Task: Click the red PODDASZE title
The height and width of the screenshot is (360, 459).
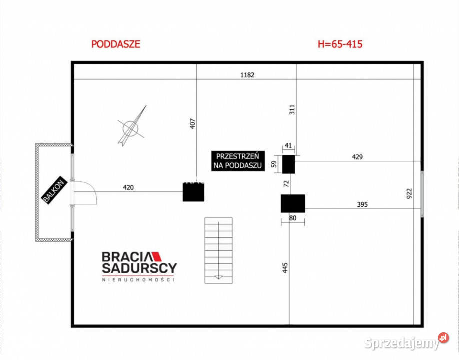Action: tap(116, 44)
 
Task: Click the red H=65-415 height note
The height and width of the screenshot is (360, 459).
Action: tap(340, 44)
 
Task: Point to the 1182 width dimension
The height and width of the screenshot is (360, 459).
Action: tap(247, 75)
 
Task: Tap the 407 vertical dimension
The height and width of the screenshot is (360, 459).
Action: tap(192, 124)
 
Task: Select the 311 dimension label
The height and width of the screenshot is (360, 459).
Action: tap(292, 110)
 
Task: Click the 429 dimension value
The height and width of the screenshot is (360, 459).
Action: tap(357, 157)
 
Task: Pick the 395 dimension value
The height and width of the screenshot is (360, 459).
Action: tap(362, 204)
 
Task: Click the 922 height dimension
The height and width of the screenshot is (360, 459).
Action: tap(409, 194)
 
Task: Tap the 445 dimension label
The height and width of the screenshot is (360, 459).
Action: tap(285, 268)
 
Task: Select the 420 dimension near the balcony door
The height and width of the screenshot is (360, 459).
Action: tap(128, 187)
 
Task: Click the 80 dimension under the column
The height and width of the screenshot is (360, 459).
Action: tap(292, 218)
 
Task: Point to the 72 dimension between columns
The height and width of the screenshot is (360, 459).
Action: tap(286, 184)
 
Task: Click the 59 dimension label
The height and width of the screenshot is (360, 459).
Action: tap(274, 164)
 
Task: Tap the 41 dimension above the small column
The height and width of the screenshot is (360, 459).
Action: tap(288, 146)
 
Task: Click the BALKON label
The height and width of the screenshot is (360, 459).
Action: tap(54, 190)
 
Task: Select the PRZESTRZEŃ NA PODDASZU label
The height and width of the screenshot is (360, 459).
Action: tap(238, 161)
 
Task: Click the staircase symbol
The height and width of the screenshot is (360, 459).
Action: tap(218, 250)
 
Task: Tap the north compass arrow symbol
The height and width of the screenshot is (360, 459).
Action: tap(132, 126)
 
